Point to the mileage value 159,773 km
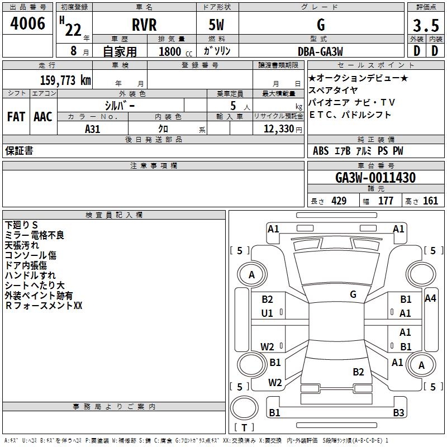tap(65, 80)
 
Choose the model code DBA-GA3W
tap(320, 52)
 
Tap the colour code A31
tap(92, 129)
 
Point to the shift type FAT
tap(16, 117)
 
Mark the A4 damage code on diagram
tap(430, 298)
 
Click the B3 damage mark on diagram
tap(398, 413)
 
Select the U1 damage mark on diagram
tap(267, 313)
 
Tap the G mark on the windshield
tap(353, 294)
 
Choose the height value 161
tap(430, 201)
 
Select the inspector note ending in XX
tap(44, 306)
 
